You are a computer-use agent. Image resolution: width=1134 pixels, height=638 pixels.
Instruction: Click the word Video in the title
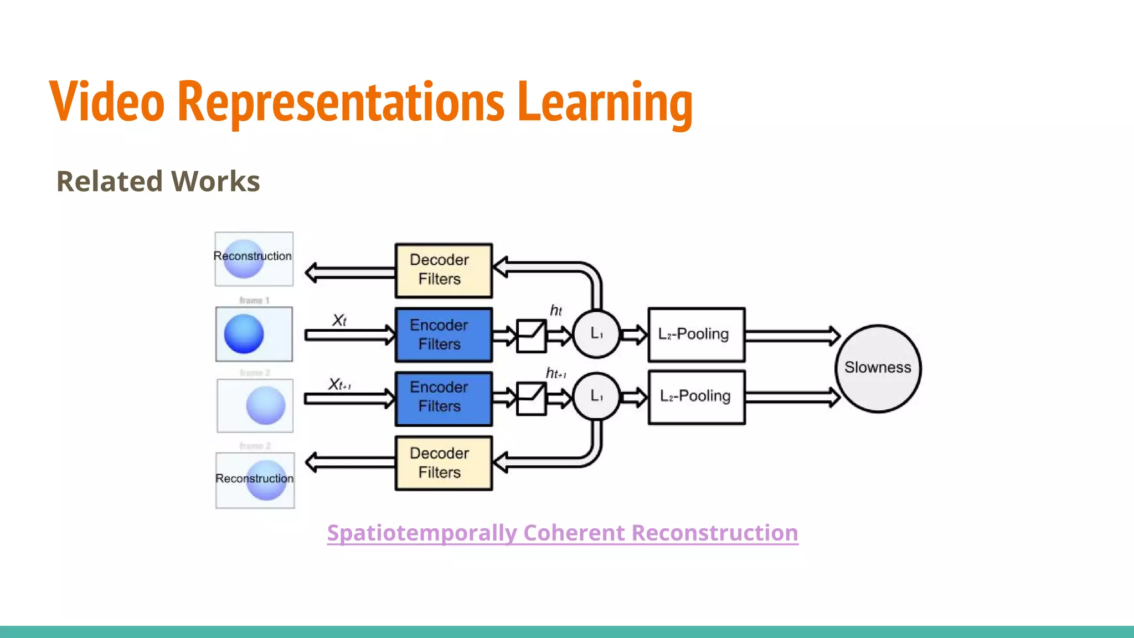tap(107, 101)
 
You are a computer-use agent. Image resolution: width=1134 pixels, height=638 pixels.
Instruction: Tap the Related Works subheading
tap(158, 181)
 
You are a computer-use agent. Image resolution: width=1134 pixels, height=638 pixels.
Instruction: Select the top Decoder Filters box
tap(443, 270)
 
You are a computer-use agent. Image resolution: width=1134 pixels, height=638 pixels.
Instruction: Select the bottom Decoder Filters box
tap(443, 463)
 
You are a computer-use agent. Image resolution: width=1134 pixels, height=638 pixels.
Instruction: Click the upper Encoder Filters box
tap(443, 335)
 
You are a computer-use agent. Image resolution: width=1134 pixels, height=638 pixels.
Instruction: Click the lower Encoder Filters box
tap(443, 398)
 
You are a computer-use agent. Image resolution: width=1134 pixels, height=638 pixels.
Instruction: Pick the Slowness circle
tap(878, 368)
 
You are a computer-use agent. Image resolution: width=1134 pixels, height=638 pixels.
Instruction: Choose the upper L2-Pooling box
tap(696, 335)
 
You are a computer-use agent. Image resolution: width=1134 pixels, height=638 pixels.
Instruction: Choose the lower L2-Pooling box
tap(696, 397)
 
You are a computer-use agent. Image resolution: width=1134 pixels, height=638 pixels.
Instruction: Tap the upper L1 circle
tap(596, 334)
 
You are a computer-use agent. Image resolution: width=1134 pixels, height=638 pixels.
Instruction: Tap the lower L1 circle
tap(596, 396)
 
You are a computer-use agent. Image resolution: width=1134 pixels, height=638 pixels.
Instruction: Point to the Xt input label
tap(339, 320)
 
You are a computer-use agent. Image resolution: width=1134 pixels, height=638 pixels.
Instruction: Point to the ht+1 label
tap(555, 373)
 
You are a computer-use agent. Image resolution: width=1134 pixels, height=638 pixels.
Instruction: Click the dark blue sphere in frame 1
tap(244, 334)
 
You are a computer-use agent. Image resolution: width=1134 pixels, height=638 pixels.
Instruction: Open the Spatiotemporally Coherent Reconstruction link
tap(562, 533)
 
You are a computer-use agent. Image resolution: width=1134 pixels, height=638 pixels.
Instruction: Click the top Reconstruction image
tap(254, 258)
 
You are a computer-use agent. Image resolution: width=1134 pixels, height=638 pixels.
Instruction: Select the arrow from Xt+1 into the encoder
tap(349, 399)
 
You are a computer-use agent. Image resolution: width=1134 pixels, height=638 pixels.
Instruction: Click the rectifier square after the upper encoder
tap(531, 336)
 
